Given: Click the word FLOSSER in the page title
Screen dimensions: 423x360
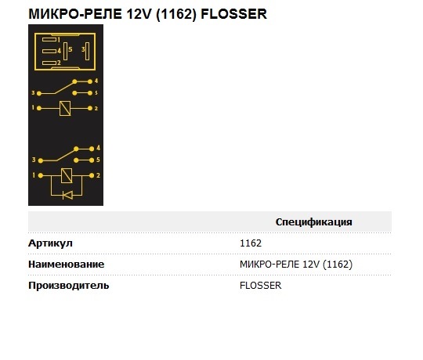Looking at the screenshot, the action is click(x=234, y=14).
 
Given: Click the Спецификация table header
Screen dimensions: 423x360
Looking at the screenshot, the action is click(x=314, y=222).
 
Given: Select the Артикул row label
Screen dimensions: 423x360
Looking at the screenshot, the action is click(x=50, y=243).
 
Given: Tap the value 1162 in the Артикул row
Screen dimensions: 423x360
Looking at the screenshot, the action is click(x=251, y=243).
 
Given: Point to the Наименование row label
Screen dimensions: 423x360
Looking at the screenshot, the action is click(x=66, y=265).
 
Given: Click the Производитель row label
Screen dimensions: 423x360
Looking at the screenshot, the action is click(x=68, y=286).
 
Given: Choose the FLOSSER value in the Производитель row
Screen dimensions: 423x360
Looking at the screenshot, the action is click(x=260, y=286).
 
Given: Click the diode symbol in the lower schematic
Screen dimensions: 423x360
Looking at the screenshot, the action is click(x=67, y=195).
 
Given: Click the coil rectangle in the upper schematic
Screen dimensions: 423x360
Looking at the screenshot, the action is click(x=65, y=108).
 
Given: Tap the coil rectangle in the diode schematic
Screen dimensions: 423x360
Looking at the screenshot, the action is click(x=67, y=175).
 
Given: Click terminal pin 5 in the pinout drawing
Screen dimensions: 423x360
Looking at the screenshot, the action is click(x=65, y=51).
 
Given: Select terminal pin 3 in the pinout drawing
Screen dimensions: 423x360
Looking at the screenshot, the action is click(x=87, y=51).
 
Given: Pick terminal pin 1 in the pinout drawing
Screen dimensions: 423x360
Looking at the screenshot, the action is click(x=49, y=40).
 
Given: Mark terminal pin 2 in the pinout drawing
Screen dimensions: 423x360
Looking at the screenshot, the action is click(x=49, y=63).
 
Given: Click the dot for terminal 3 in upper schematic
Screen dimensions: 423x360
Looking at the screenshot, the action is click(x=39, y=93).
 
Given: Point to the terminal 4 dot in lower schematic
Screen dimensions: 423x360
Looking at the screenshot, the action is click(x=92, y=149).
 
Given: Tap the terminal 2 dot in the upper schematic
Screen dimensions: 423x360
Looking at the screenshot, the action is click(x=90, y=108).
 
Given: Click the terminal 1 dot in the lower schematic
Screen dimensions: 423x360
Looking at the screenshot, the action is click(x=41, y=175).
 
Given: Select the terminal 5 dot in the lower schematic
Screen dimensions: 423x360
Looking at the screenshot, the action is click(x=92, y=160).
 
